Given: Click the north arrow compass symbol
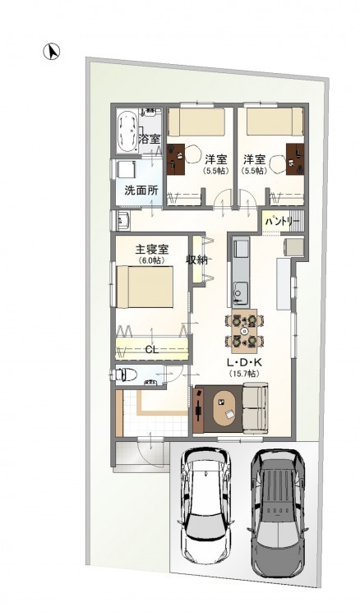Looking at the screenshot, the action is (x=52, y=52).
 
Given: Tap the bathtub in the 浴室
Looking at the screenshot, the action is (x=127, y=132).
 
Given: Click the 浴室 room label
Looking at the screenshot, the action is (x=150, y=139).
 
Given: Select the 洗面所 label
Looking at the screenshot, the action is (x=141, y=191).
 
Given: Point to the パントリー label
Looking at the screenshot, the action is (x=282, y=222).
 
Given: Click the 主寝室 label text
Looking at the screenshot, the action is (x=152, y=250).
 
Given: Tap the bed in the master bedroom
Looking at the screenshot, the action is (x=145, y=287).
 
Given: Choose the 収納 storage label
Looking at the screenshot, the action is (x=196, y=260).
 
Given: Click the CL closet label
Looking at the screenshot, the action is (x=152, y=350).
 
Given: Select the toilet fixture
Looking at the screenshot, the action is (x=124, y=375).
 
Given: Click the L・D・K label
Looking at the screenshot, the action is (x=244, y=362).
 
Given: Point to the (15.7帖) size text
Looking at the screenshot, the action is (x=244, y=374).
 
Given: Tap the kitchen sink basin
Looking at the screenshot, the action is (x=240, y=292).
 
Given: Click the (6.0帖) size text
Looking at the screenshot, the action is (x=152, y=260).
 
